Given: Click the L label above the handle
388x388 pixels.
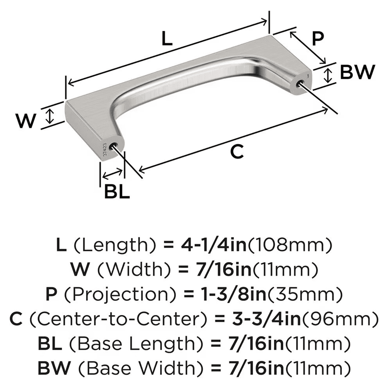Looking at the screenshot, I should pyautogui.click(x=166, y=39).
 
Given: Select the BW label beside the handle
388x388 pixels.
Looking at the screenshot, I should pyautogui.click(x=357, y=73).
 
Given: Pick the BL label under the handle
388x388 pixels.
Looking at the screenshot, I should pyautogui.click(x=116, y=192).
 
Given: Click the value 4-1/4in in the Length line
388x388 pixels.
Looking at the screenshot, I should pyautogui.click(x=213, y=245).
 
